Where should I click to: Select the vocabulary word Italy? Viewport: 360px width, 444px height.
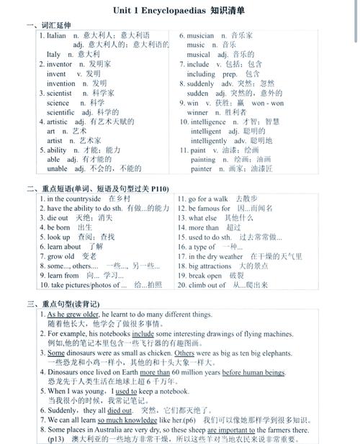tap(53, 54)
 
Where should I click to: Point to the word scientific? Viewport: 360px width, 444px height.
tap(60, 112)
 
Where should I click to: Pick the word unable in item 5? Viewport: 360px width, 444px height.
tap(57, 169)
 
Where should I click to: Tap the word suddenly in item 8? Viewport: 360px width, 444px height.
tap(202, 83)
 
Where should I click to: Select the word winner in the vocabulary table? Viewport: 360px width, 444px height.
tap(197, 112)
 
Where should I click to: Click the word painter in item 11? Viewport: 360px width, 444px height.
tap(202, 169)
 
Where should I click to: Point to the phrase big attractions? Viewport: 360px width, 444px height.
tap(215, 266)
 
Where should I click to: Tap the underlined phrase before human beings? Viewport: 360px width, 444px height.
tap(253, 372)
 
